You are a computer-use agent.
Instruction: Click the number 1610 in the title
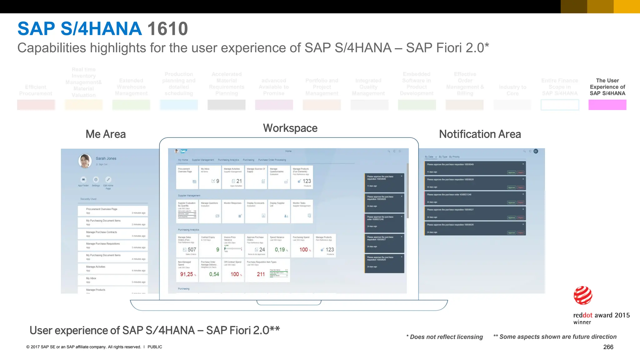pos(167,29)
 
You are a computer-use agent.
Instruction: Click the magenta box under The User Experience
pos(607,105)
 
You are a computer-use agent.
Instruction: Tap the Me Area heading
pos(106,134)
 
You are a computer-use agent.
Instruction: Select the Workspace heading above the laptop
pos(290,128)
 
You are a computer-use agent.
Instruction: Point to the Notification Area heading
pos(480,134)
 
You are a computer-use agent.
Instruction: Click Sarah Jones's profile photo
pos(85,161)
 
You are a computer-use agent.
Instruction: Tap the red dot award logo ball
pos(583,295)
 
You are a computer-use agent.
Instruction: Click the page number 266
pos(608,347)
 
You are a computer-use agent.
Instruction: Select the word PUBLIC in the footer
pos(155,347)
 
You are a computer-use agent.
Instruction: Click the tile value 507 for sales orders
pos(192,250)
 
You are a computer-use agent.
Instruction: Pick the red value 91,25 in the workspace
pos(187,274)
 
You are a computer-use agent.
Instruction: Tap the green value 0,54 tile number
pos(214,274)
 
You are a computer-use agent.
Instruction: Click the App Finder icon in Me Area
pos(83,180)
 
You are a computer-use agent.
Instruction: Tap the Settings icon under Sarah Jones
pos(96,180)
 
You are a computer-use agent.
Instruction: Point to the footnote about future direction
pos(555,337)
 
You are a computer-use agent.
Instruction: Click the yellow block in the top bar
pos(627,7)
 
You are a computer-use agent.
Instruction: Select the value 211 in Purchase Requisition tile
pos(261,274)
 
